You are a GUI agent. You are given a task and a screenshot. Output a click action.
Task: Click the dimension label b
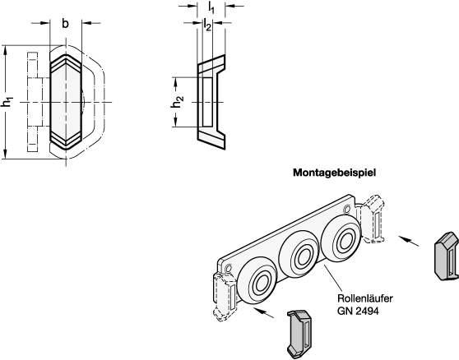[x=65, y=23]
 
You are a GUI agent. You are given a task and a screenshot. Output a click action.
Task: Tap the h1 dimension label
[x=7, y=103]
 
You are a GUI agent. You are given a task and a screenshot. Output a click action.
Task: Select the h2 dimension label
[x=177, y=101]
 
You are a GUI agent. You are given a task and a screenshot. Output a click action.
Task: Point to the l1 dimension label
[x=211, y=7]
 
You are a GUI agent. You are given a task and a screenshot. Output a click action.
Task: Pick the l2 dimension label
[x=207, y=25]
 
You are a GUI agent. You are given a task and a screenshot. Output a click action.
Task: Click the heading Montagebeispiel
[x=334, y=173]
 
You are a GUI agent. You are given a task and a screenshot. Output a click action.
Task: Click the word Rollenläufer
[x=364, y=298]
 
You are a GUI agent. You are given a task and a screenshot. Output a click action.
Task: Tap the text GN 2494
[x=358, y=311]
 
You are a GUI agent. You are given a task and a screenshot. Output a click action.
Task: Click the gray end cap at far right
[x=446, y=256]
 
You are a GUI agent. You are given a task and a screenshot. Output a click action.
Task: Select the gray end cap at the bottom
[x=299, y=333]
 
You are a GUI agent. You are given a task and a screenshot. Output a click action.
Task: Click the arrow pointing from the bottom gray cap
[x=265, y=312]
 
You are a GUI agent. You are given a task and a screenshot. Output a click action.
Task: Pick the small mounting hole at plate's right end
[x=347, y=210]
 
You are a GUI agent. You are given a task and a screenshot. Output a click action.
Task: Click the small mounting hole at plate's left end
[x=229, y=268]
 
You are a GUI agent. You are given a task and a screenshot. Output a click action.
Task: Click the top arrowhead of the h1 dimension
[x=5, y=50]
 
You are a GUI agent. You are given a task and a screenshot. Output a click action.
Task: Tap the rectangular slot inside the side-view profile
[x=207, y=103]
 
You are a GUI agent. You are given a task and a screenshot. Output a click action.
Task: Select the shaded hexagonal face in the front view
[x=66, y=102]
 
